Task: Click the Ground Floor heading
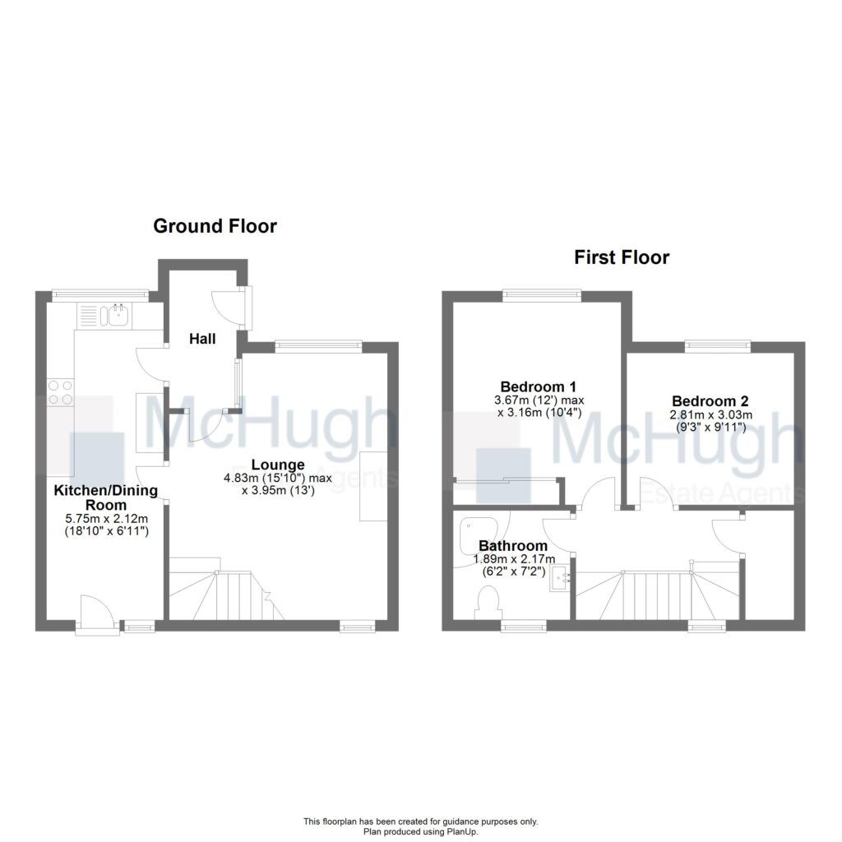point(215,226)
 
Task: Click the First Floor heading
point(622,257)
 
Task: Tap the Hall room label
point(202,338)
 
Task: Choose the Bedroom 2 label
point(708,401)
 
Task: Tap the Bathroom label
point(513,545)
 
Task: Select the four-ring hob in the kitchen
point(60,392)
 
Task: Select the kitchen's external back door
point(95,615)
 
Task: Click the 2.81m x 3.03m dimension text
point(708,416)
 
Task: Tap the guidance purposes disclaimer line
point(420,821)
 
